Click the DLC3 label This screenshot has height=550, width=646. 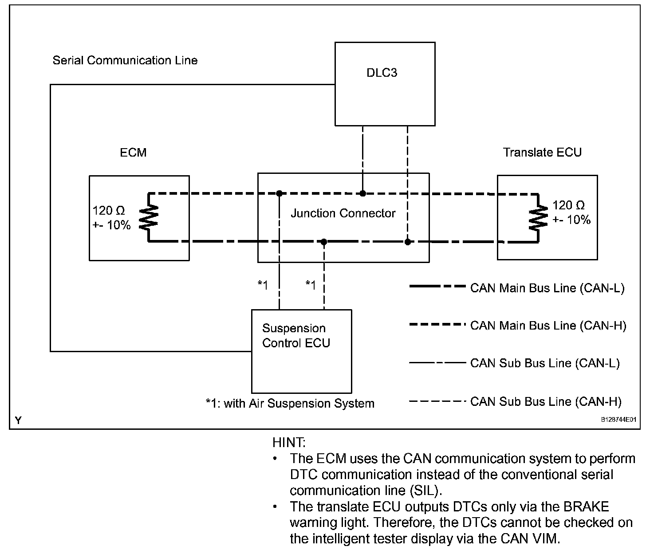(x=382, y=72)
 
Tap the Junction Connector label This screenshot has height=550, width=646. (x=343, y=213)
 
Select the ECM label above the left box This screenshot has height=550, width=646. (x=133, y=153)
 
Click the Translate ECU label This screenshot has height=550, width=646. (x=542, y=152)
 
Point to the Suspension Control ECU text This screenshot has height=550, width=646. (x=296, y=336)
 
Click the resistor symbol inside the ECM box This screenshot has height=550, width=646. (x=149, y=217)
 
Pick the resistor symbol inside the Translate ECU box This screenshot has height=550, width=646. (x=538, y=217)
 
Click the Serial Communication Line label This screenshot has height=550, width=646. (x=125, y=60)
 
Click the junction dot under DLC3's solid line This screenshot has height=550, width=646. (x=362, y=193)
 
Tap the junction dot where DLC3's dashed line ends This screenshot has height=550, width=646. (x=408, y=242)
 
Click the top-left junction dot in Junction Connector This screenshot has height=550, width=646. (x=280, y=193)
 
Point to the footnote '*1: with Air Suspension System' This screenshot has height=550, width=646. (x=290, y=404)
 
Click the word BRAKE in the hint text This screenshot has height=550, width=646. (x=586, y=507)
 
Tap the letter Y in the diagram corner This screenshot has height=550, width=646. (x=19, y=420)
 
